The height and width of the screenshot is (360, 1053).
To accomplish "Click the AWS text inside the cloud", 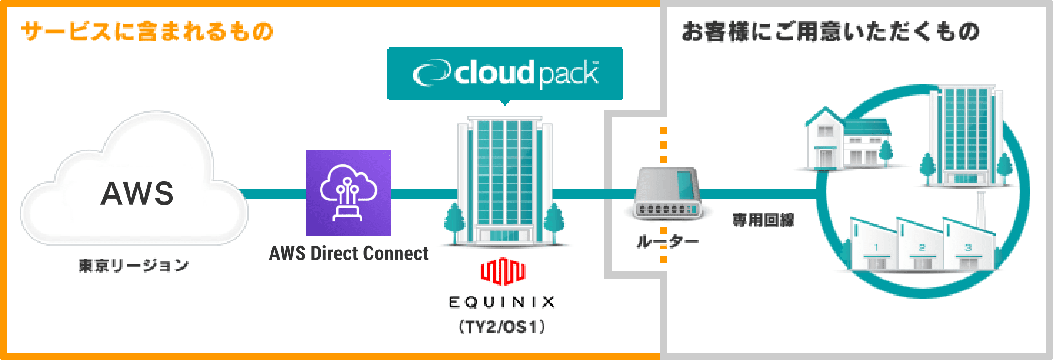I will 137,193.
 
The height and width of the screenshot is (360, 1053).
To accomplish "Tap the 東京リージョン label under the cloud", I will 133,265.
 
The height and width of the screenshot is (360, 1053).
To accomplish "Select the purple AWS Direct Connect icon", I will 348,193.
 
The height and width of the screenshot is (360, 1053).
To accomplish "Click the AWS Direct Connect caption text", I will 349,253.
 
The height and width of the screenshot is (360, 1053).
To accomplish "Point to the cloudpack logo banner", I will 505,73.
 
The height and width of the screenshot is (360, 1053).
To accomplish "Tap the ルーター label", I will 667,241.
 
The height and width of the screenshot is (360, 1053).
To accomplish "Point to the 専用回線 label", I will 763,220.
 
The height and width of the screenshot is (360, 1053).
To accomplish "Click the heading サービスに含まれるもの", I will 148,32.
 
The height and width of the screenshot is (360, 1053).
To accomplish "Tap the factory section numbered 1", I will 875,248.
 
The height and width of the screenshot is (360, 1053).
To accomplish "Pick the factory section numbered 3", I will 968,248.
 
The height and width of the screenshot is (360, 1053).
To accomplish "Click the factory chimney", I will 981,210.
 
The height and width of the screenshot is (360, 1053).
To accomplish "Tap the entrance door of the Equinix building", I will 504,235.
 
